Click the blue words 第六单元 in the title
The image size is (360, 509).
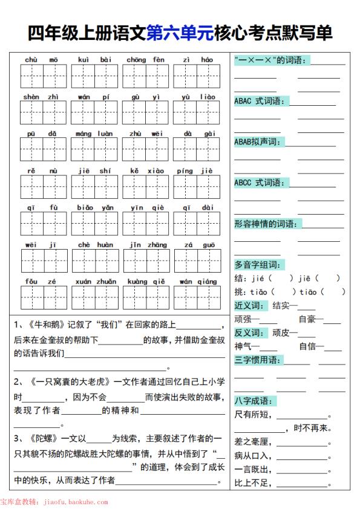pos(180,33)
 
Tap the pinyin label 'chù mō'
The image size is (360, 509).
pos(41,59)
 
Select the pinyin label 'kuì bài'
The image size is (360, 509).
pos(94,59)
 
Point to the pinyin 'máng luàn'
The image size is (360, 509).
pos(94,134)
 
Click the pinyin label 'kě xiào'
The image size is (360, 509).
pos(146,170)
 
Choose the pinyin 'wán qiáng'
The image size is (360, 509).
pos(198,281)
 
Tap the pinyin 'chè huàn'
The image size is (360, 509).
pos(94,244)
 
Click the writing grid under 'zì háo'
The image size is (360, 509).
pos(198,77)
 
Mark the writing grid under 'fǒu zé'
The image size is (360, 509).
pos(41,298)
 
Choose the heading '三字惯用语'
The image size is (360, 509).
pos(258,360)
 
